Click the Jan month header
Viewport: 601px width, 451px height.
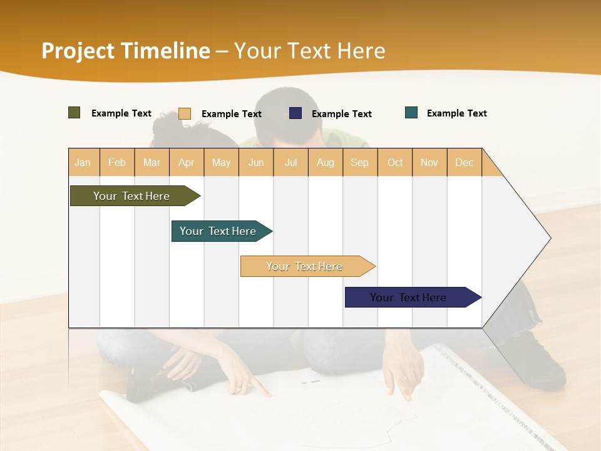83,162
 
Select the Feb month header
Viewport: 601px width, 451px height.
117,162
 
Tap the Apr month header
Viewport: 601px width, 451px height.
186,162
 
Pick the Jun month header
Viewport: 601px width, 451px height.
256,162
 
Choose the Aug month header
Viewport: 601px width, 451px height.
325,162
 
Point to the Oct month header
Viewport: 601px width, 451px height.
395,162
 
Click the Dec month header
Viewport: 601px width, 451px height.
464,162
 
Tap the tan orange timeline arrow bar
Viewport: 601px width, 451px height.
305,266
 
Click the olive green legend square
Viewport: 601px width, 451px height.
74,113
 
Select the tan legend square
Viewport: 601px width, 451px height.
185,113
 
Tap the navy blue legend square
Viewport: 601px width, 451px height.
295,113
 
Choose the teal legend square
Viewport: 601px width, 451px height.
411,113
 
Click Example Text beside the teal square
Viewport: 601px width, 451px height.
456,113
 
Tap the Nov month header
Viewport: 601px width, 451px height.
429,162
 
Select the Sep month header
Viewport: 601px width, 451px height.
359,162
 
